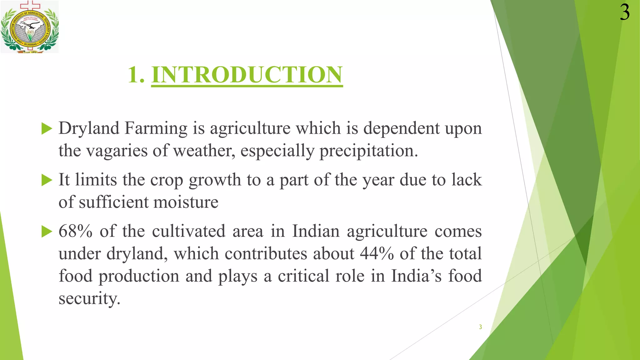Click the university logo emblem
30,27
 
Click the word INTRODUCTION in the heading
247,75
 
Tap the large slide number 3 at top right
625,12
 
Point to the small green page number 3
480,327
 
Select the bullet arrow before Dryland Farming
47,129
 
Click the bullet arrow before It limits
47,180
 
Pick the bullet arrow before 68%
47,232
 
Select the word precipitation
368,151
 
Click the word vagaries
116,151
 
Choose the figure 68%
75,231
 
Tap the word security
89,298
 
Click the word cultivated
189,231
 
